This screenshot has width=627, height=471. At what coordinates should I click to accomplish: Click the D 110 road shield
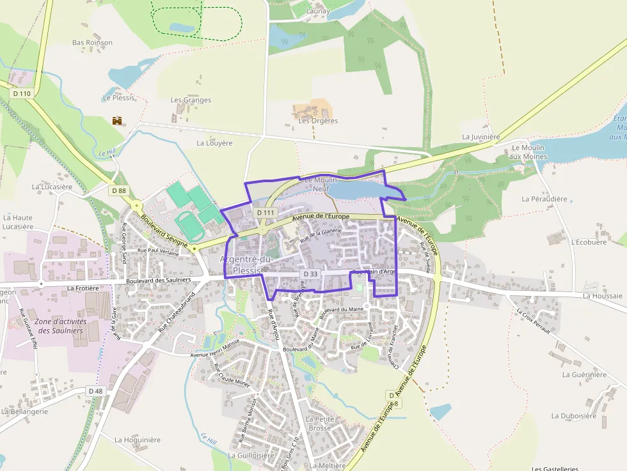pos(22,93)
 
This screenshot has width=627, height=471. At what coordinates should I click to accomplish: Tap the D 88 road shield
pos(118,190)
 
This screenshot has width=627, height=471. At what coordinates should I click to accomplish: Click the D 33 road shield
pos(310,274)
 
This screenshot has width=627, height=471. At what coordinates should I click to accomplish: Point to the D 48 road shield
pos(95,390)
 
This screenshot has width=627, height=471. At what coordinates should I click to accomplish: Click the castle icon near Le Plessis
pos(117,120)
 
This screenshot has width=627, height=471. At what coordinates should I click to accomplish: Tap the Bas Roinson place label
pos(92,43)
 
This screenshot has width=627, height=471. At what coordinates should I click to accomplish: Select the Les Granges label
pos(191,100)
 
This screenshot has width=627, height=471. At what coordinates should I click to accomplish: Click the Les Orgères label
pos(318,121)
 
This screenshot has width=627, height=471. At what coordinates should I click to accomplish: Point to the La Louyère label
pos(214,143)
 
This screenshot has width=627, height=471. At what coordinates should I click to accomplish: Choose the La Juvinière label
pos(480,137)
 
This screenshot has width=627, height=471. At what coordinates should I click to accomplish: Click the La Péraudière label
pos(544,199)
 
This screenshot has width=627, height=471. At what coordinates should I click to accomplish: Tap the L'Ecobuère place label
pos(588,242)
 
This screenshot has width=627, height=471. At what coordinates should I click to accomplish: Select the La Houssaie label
pos(602,296)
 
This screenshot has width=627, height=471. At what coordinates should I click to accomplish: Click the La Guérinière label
pos(584,374)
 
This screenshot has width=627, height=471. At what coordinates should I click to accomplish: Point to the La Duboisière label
pos(573,416)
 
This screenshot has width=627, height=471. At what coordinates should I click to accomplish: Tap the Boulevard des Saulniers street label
pos(159,280)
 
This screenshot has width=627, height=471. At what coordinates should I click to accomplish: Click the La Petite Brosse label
pos(319,423)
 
